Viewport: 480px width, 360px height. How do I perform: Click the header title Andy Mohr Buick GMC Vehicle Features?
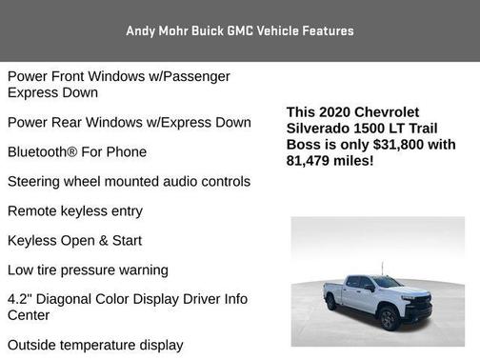click(x=239, y=30)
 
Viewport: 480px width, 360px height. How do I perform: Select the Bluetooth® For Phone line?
click(x=76, y=152)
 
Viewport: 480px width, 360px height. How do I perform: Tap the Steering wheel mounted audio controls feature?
click(x=129, y=182)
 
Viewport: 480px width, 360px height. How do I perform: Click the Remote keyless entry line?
click(x=74, y=211)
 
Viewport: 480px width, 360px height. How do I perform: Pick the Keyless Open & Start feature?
click(x=74, y=241)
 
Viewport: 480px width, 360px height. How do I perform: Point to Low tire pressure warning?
click(x=88, y=270)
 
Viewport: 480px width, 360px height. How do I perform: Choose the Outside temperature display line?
click(x=94, y=345)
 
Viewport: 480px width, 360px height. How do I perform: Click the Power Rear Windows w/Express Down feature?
click(x=129, y=123)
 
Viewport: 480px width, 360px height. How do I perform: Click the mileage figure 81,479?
click(x=310, y=161)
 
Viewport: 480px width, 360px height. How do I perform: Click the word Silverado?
click(x=320, y=129)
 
